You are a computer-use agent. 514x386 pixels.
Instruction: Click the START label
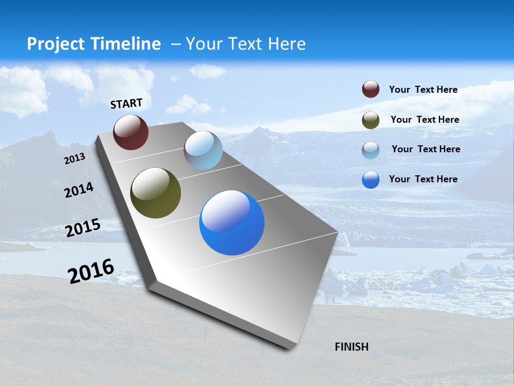click(126, 103)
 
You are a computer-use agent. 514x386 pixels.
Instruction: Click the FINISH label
click(352, 347)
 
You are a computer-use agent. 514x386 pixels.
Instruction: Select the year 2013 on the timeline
click(74, 159)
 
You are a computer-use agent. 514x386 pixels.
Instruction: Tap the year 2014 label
click(79, 190)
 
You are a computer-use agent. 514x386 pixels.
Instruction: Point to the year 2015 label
click(83, 228)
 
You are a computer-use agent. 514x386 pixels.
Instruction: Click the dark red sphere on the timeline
click(131, 132)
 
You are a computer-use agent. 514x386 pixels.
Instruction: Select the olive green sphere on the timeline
click(155, 193)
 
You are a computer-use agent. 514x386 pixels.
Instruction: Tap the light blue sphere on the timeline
click(203, 150)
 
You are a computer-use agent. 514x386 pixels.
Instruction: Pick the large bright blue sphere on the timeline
click(232, 222)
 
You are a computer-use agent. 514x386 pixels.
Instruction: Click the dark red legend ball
click(371, 90)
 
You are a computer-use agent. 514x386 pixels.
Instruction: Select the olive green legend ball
click(371, 120)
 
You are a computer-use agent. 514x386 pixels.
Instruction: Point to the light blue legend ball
click(371, 150)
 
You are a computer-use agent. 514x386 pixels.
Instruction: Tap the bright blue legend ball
click(371, 180)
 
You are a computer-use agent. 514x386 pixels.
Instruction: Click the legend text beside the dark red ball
click(423, 90)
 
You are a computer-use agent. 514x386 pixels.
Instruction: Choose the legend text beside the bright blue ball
click(423, 179)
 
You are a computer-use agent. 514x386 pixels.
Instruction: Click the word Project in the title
click(56, 44)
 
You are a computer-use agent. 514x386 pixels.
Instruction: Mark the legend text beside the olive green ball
click(425, 120)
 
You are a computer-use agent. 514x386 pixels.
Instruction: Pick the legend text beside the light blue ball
click(426, 149)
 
